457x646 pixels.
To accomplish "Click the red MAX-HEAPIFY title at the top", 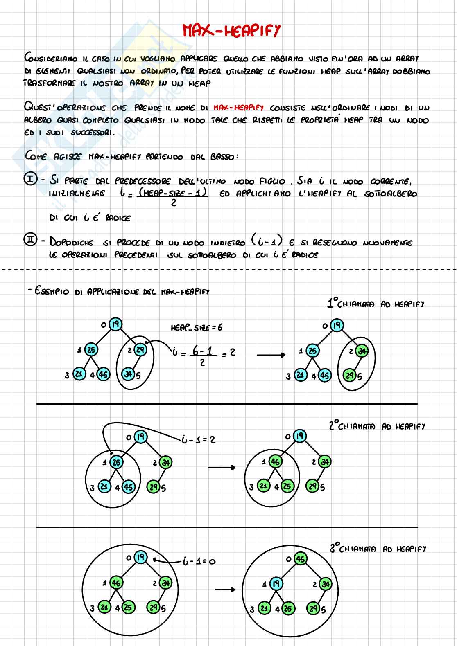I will [x=231, y=31].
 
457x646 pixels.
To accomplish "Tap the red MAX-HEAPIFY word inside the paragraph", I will [x=238, y=108].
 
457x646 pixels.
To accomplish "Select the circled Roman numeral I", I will [x=31, y=180].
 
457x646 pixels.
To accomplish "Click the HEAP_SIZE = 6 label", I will [x=197, y=327].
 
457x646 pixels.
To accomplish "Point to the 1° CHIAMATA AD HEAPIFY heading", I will [x=376, y=304].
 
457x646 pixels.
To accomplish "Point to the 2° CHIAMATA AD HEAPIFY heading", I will [x=377, y=426].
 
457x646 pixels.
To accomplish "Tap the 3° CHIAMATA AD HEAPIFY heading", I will [x=378, y=549].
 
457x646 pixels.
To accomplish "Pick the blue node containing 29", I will [x=140, y=350].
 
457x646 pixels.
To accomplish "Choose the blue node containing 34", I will [x=129, y=374].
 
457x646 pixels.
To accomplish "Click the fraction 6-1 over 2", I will [x=202, y=355].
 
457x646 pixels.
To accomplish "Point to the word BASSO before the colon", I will [x=221, y=157].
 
